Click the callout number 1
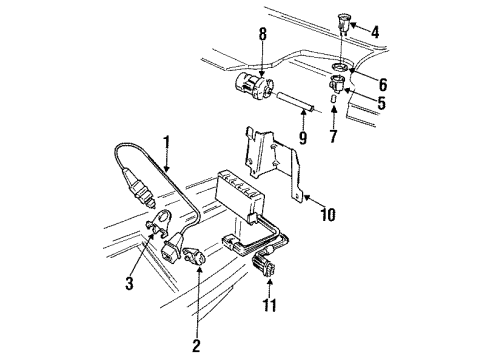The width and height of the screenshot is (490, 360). tap(166, 144)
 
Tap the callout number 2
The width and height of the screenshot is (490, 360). tap(196, 346)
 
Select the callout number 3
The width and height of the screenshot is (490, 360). tap(129, 283)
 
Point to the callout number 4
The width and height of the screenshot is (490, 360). tap(375, 32)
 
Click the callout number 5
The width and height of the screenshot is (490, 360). tap(382, 103)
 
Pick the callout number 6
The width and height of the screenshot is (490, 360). tap(383, 84)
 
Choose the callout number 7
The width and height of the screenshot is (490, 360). tap(333, 136)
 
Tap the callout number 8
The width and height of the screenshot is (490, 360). tap(263, 34)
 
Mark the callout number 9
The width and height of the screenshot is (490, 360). tap(303, 138)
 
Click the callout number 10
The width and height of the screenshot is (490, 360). tap(328, 214)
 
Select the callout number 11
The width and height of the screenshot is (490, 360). tap(269, 305)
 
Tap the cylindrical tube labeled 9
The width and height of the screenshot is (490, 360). tap(295, 102)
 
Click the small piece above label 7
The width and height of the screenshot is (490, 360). tap(333, 99)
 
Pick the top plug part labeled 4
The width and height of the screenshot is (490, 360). tap(343, 22)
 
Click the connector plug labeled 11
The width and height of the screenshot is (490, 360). tap(265, 265)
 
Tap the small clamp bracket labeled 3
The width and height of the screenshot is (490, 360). tap(159, 222)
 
